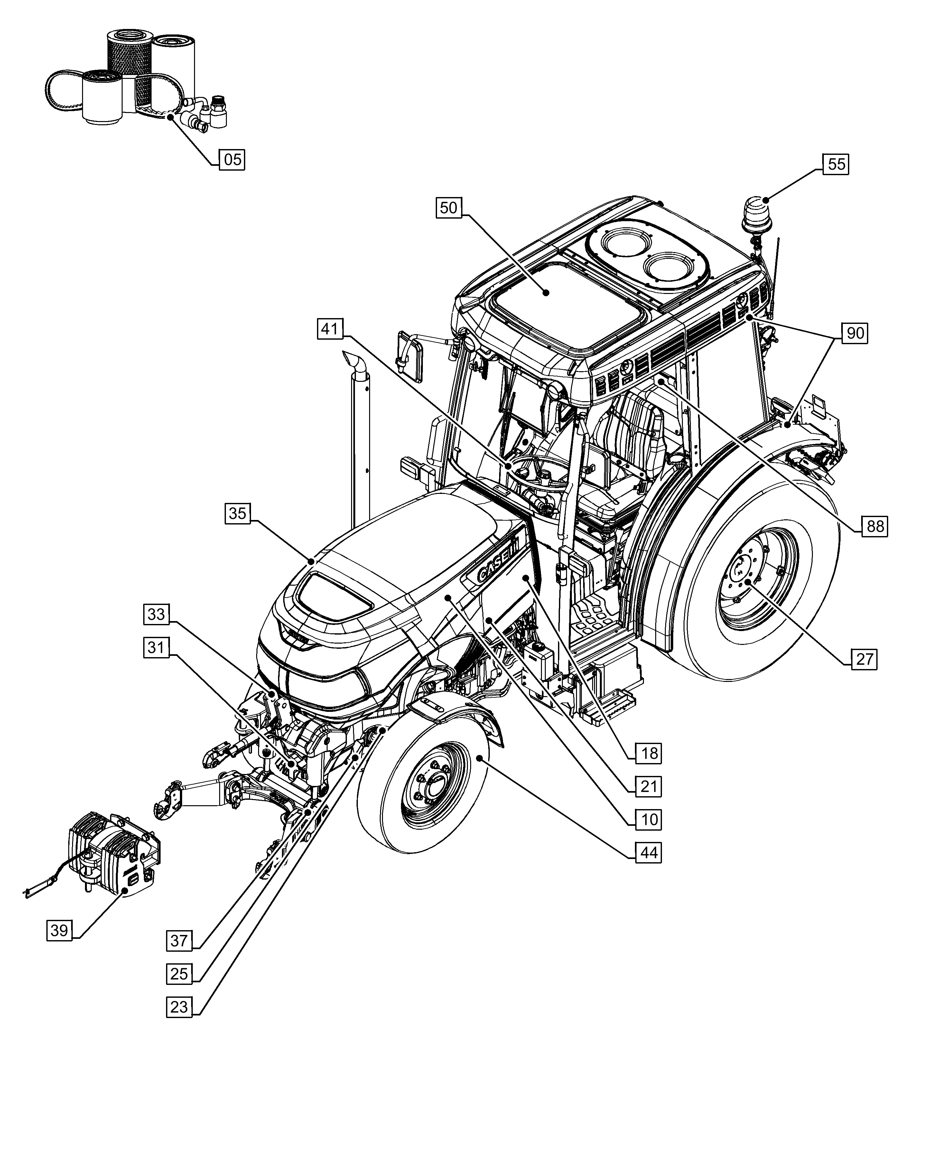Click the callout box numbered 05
232,160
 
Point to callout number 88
875,526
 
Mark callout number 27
864,659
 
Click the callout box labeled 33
156,614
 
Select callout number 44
649,853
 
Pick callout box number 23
179,1007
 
